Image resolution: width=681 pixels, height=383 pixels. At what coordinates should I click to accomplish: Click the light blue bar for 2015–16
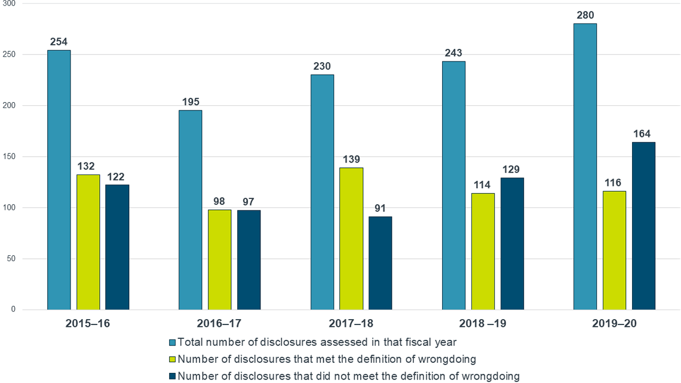coord(59,179)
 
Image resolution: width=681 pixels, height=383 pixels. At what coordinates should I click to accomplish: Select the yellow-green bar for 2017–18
coord(351,238)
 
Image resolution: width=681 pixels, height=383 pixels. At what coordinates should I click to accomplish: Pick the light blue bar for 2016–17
coord(191,210)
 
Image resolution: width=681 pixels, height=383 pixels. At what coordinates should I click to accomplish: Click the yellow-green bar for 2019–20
coord(614,250)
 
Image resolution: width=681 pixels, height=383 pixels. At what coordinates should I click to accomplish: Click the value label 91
coord(381,208)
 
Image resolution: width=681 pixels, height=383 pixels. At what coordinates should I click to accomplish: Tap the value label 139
coord(351,159)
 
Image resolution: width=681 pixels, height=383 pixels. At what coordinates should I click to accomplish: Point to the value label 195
coord(191,102)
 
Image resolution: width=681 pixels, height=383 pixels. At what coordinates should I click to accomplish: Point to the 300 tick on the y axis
coord(10,4)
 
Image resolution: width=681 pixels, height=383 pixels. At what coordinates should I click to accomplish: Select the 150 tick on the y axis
coord(10,157)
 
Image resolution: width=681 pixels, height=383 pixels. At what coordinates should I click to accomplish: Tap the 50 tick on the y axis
coord(12,259)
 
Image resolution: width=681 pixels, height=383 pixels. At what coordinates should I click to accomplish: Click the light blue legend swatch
coord(172,342)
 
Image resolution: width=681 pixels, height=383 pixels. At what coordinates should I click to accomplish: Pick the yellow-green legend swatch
coord(172,359)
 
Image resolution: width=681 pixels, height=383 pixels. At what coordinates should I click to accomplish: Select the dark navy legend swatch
coord(172,376)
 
